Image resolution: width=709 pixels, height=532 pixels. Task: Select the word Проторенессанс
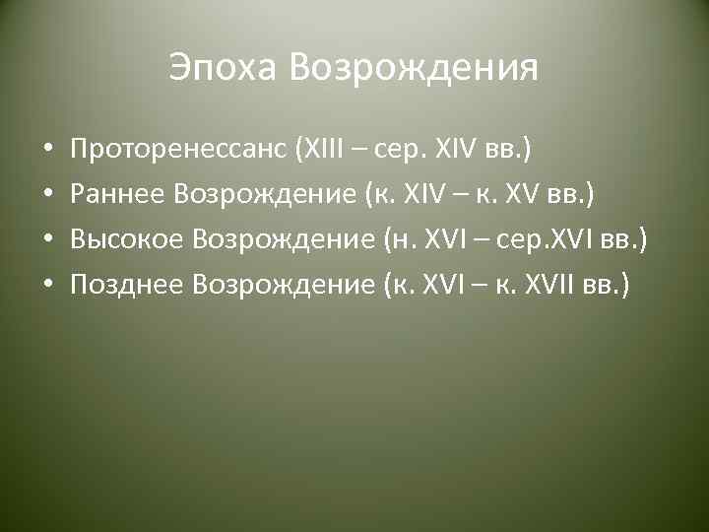click(x=173, y=150)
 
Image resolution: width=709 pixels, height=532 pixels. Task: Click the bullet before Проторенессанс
click(x=47, y=151)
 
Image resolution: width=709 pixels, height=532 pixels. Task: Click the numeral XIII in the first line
click(x=314, y=150)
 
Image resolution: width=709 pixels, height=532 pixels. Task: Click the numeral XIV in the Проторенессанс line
click(x=454, y=150)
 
